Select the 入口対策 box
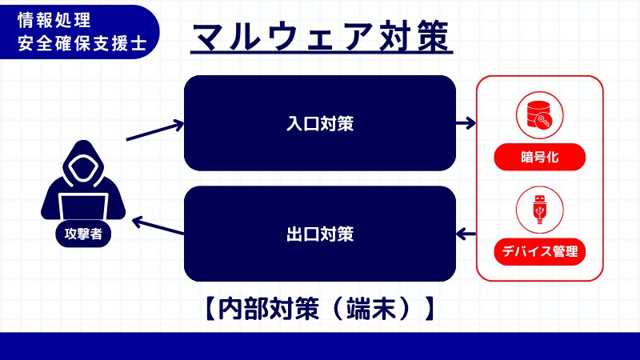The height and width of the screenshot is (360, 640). (x=320, y=123)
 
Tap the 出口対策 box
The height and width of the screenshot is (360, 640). (x=320, y=234)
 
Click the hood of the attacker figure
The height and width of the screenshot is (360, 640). (x=83, y=156)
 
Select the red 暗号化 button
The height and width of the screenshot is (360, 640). (x=539, y=157)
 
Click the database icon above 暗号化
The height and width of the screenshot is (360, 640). (x=539, y=116)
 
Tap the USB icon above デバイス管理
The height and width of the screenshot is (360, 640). (x=539, y=210)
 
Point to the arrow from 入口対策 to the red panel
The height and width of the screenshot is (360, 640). (x=466, y=123)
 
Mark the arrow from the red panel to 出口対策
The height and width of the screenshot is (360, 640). (x=466, y=234)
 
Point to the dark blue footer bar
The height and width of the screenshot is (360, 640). (x=320, y=346)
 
